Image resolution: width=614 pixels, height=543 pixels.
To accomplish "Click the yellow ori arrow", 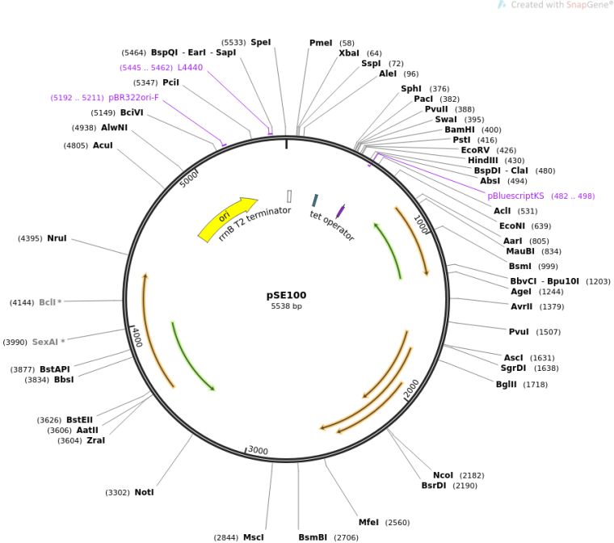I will click(x=226, y=217).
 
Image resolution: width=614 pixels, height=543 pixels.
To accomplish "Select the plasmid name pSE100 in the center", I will click(x=286, y=295).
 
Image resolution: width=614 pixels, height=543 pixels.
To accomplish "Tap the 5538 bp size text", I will click(x=286, y=306).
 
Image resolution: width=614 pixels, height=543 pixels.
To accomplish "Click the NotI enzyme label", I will click(x=144, y=492).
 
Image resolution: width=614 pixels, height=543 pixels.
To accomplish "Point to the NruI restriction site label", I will click(x=57, y=238).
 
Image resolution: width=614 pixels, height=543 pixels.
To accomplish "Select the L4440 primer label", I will click(x=190, y=67).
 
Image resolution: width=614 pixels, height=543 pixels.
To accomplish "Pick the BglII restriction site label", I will click(x=510, y=385).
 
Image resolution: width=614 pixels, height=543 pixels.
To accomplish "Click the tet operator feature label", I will click(x=331, y=225).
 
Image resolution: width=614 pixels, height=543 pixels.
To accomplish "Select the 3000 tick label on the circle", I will click(x=258, y=450).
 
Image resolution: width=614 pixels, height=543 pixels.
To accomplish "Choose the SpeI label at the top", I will click(x=261, y=42).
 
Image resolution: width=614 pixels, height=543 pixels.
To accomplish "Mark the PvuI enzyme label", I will click(x=518, y=332).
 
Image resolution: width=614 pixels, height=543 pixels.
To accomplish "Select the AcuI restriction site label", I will click(x=103, y=145).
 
